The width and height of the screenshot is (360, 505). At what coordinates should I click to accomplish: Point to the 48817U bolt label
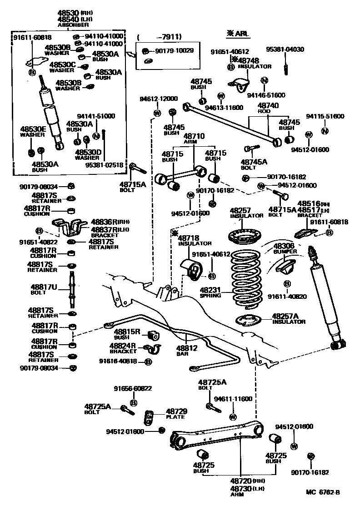tap(44, 290)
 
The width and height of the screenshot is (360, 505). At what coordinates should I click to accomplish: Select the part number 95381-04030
tap(285, 49)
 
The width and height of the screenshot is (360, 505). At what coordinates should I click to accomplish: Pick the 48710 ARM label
tap(194, 139)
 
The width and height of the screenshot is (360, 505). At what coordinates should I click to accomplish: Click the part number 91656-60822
tap(133, 389)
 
